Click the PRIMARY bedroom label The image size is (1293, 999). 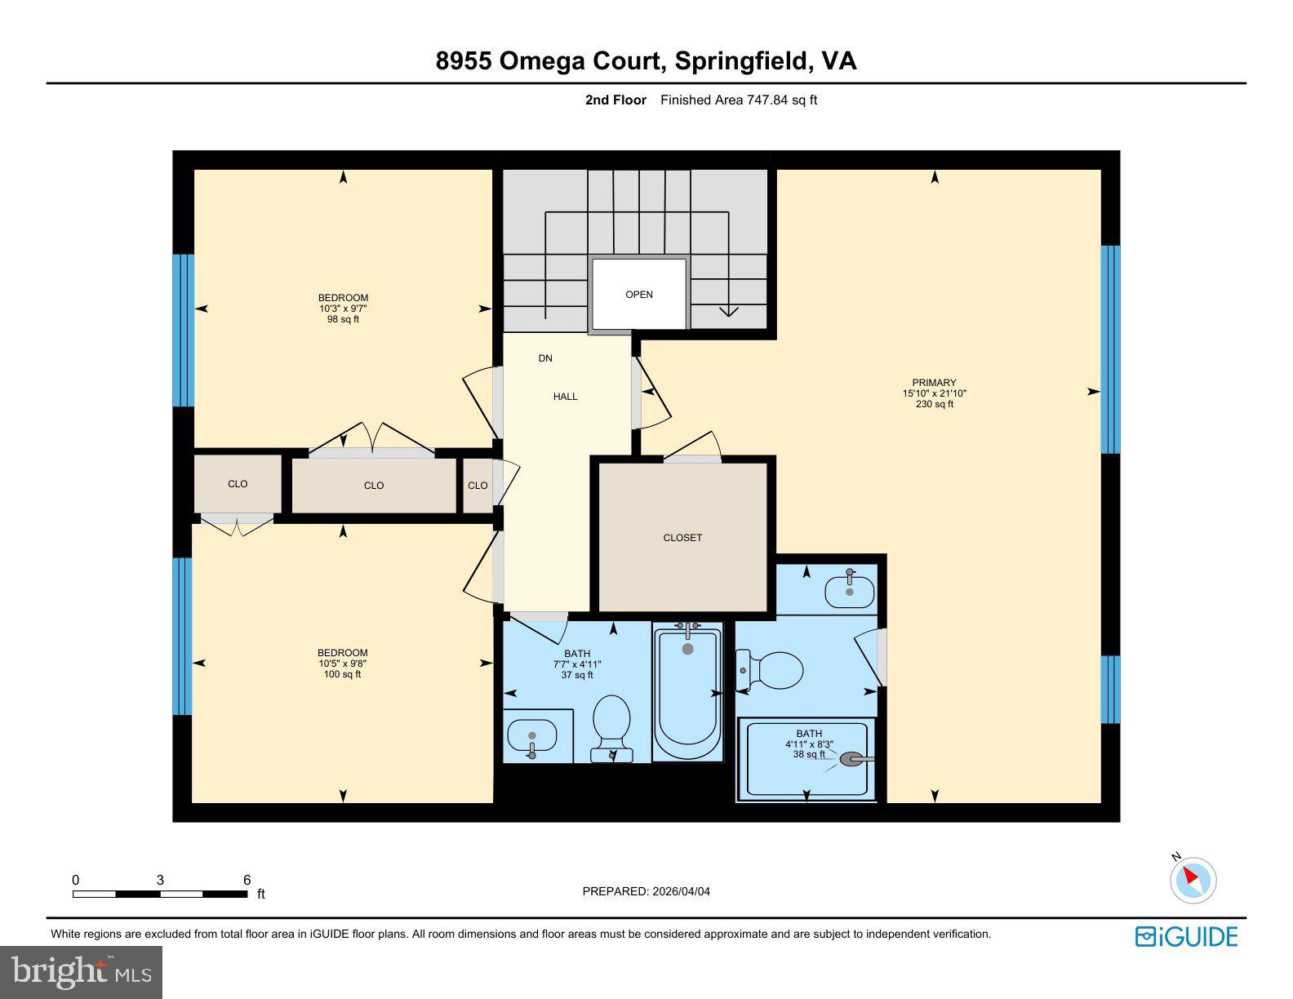coord(934,383)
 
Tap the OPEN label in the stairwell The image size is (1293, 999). coord(639,295)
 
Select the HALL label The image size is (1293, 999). coord(565,397)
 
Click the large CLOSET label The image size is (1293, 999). coord(682,538)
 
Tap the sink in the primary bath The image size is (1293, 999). coord(849,590)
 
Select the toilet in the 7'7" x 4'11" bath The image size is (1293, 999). coord(611,725)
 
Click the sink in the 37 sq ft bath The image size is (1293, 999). coord(531,735)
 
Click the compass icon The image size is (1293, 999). coord(1193,881)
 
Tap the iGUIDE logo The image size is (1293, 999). coord(1186,936)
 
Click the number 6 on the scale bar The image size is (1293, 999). coord(247,880)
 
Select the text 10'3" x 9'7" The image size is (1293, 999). coord(343,309)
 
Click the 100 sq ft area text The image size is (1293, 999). coord(343,674)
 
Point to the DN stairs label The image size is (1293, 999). coord(545,358)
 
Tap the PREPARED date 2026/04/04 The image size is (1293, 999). coord(681,891)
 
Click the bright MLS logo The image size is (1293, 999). coord(82,972)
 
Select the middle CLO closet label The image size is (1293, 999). coord(374,486)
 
